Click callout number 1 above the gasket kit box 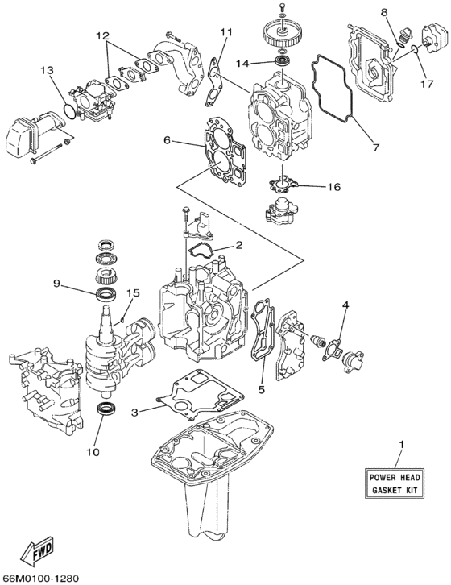coord(402,444)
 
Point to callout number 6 coord(168,140)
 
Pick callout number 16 coord(333,187)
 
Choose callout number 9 coord(57,283)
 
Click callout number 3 coord(135,413)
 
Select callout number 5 coord(261,390)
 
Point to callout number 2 coord(238,245)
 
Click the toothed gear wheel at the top coord(281,37)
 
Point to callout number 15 coord(134,293)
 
